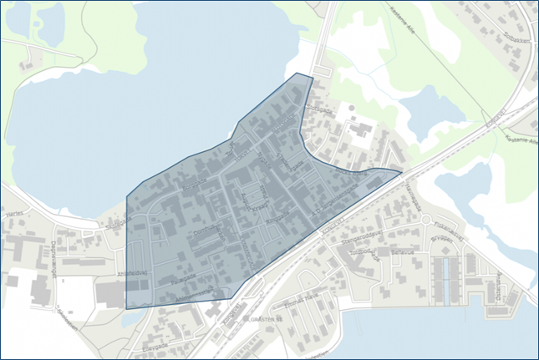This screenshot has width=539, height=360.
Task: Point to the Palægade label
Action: [184, 281]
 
